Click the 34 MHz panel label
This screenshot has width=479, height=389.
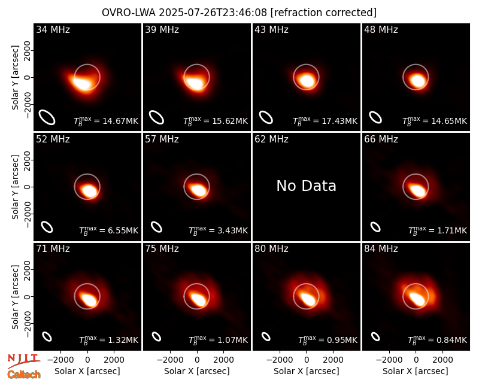[53, 29]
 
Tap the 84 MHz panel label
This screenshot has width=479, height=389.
[381, 249]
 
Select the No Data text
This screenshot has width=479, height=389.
[306, 186]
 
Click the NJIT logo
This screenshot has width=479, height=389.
[24, 360]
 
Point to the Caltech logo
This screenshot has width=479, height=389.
[24, 375]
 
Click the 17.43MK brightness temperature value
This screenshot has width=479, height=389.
[339, 121]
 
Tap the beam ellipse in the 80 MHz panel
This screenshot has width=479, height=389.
[266, 336]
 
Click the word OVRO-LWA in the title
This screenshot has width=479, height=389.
[129, 13]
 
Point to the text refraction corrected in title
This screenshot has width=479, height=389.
[323, 13]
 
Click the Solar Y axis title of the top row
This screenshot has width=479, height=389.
[15, 78]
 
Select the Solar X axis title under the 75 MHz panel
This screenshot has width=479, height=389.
[197, 371]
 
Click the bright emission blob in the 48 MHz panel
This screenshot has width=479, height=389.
[417, 81]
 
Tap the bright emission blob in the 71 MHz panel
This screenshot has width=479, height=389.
[89, 299]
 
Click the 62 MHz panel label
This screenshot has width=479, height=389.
[271, 139]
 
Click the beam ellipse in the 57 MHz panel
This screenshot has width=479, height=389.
[156, 227]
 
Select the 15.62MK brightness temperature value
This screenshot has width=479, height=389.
[230, 121]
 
